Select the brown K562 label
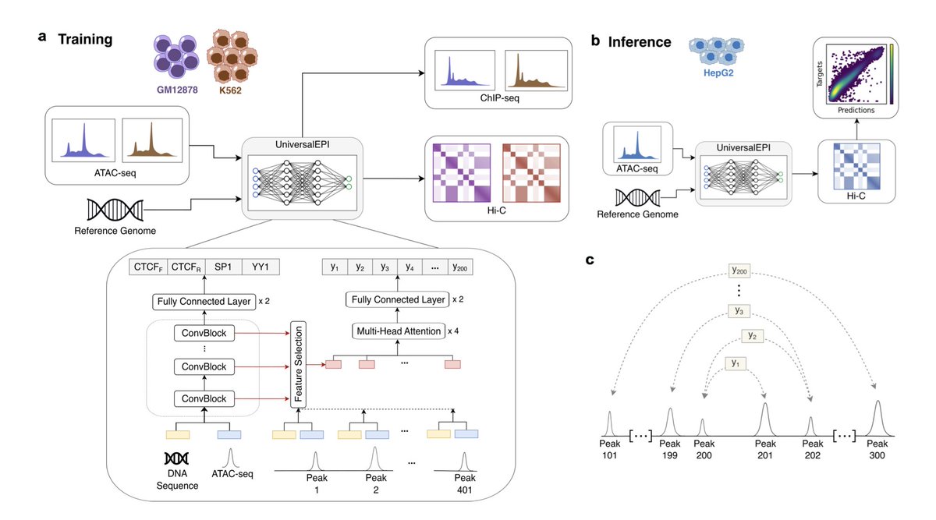[x=236, y=90]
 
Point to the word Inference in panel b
[x=643, y=41]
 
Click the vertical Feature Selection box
[x=298, y=364]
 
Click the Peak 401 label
[x=465, y=483]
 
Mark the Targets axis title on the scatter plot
[x=821, y=76]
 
